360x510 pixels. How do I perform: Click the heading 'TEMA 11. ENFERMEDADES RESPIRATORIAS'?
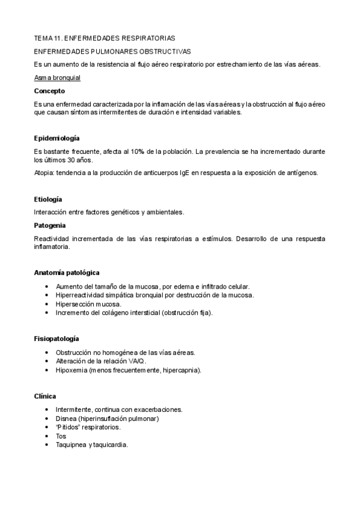(x=105, y=38)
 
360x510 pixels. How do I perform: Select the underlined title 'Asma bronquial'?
(x=58, y=78)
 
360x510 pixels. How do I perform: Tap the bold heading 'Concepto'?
(x=49, y=91)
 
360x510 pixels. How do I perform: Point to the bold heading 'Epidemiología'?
(x=57, y=138)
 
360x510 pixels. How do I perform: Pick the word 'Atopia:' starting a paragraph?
(x=46, y=173)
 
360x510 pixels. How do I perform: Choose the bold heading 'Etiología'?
(x=49, y=199)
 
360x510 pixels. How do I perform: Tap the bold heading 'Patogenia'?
(x=50, y=225)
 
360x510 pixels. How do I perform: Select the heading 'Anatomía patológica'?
(x=67, y=272)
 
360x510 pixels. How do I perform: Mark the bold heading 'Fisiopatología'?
(x=57, y=339)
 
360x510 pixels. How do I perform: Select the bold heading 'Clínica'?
(x=45, y=396)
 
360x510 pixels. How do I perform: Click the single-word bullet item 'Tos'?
(x=61, y=436)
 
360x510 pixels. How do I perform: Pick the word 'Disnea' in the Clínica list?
(x=66, y=418)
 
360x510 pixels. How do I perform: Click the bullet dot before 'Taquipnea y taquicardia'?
(x=47, y=445)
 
